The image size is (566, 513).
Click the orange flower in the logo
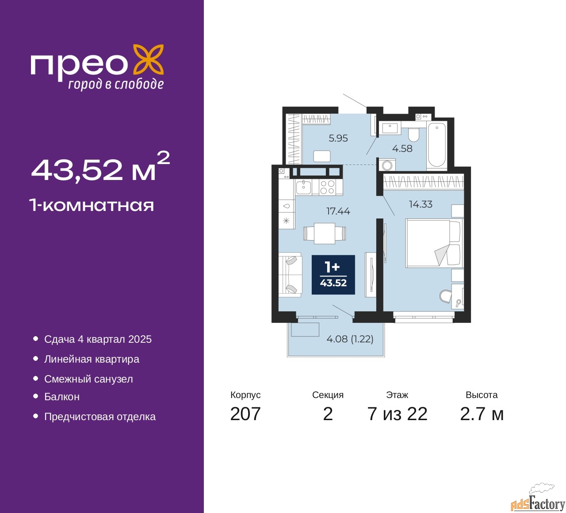point(149,61)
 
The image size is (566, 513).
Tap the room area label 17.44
point(338,211)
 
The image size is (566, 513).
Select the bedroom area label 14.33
point(421,204)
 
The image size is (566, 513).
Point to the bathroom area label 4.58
point(402,149)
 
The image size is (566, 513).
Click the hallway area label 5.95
point(338,138)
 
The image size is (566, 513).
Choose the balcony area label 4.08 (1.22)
point(350,339)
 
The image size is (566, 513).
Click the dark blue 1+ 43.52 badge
point(333,275)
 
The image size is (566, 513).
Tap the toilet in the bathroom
point(413,135)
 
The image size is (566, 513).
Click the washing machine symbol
point(387,165)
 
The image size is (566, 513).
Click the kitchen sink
point(304,187)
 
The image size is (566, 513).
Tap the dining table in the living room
point(325,234)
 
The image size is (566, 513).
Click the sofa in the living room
point(290,276)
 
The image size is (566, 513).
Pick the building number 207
point(245,414)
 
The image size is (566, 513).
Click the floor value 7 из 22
point(397,414)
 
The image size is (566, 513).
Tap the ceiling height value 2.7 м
point(482,414)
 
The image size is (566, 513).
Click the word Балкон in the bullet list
point(62,397)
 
